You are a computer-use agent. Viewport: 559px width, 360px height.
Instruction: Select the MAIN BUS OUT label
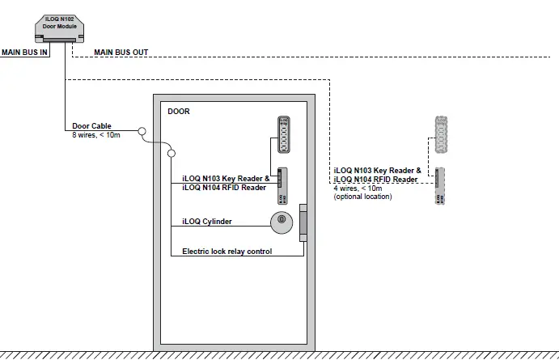coord(121,53)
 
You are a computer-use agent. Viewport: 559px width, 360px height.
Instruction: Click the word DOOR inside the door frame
coord(178,112)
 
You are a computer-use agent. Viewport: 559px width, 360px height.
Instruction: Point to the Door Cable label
coord(91,126)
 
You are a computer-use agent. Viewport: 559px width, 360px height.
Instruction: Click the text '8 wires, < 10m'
coord(95,135)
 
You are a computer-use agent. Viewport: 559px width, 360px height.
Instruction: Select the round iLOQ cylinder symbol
coord(281,219)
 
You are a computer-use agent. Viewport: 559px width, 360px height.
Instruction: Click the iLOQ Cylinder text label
coord(207,221)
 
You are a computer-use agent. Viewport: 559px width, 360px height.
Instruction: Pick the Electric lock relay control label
coord(227,252)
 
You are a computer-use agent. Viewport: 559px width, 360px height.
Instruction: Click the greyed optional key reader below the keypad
coord(439,185)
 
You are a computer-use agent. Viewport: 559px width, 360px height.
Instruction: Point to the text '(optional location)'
coord(362,197)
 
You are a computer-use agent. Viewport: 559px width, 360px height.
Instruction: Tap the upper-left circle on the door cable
coord(141,130)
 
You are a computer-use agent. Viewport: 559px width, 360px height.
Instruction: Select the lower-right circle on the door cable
coord(172,154)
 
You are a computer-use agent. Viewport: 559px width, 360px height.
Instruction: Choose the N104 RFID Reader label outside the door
coord(377,180)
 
